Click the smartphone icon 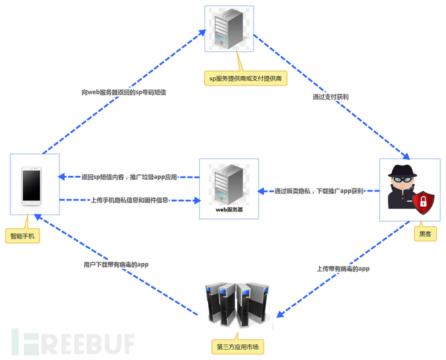tap(34, 186)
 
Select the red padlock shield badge tap(423, 202)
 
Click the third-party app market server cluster tap(235, 304)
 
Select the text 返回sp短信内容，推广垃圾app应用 tap(129, 176)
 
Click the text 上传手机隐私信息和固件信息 tap(129, 200)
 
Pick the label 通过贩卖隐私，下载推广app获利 tap(319, 191)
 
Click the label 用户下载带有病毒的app tap(116, 264)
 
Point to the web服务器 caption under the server tap(229, 210)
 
